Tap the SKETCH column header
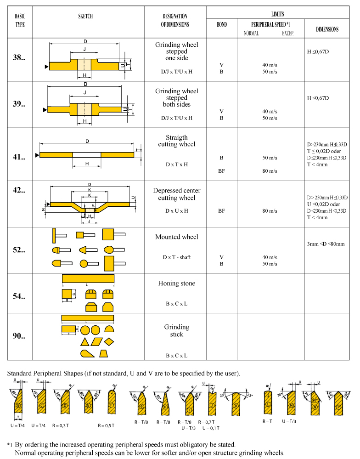tap(85, 16)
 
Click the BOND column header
tap(221, 24)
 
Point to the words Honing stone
tap(177, 283)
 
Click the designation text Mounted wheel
tap(177, 237)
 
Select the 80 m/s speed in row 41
tap(270, 171)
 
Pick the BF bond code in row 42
tap(221, 211)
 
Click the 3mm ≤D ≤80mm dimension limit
tap(326, 244)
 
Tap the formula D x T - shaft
tap(177, 257)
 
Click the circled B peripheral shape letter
tap(18, 406)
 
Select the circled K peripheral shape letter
tap(236, 406)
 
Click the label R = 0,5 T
tap(107, 425)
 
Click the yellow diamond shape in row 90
tap(109, 342)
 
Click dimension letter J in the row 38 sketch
tap(84, 49)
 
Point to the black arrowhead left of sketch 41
tap(37, 155)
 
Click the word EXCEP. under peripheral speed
tap(287, 33)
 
